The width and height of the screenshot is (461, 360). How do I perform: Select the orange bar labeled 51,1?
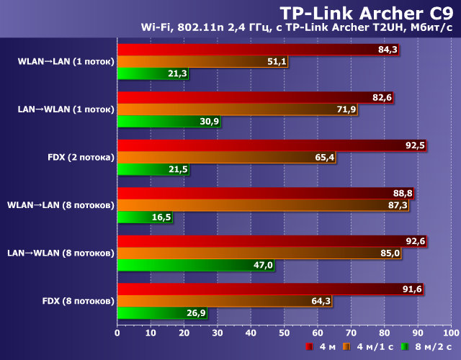point(202,62)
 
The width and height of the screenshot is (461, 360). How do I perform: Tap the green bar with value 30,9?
point(169,121)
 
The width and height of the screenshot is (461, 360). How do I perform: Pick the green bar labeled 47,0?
point(195,265)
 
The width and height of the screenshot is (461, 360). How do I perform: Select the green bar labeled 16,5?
point(144,217)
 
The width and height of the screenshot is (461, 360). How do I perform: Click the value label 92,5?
point(415,145)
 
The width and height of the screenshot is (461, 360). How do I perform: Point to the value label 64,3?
point(321,301)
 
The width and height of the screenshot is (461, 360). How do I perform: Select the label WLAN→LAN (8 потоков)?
point(61,205)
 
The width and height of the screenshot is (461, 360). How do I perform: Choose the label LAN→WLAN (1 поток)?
point(66,109)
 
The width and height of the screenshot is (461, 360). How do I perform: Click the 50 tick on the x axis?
point(284,333)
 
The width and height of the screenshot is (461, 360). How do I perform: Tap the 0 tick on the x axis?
point(117,333)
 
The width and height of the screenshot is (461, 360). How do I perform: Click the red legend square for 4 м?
point(308,347)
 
